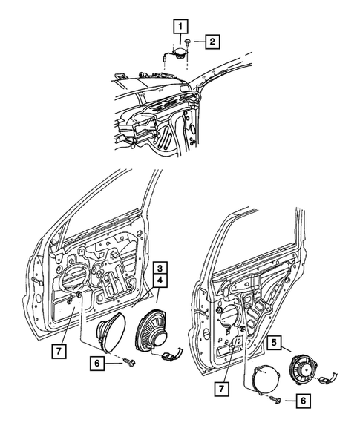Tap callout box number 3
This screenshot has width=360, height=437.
160,268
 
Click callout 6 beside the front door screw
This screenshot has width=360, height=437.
96,364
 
